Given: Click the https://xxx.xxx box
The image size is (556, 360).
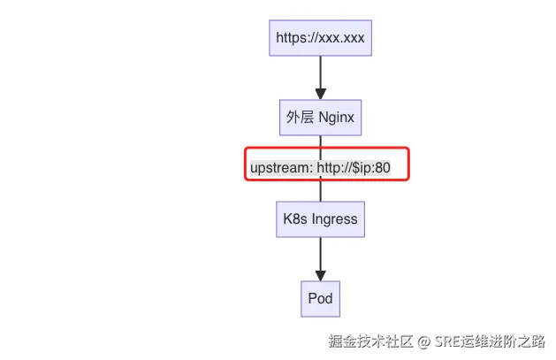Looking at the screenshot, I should (x=320, y=37).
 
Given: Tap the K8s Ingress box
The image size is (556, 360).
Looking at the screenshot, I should (x=320, y=218).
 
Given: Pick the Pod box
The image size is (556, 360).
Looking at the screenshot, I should (x=320, y=298).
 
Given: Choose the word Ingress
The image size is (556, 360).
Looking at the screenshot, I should (x=335, y=218).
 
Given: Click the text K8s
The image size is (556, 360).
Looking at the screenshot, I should (x=295, y=218).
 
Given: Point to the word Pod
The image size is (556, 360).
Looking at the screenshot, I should (x=320, y=298).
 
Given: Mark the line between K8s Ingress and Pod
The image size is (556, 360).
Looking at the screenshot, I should (x=320, y=251).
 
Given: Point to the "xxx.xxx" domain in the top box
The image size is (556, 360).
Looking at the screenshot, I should (x=339, y=37).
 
